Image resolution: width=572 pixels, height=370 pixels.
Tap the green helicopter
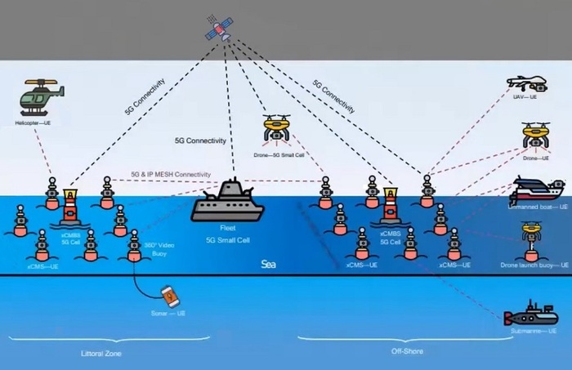pyautogui.click(x=38, y=97)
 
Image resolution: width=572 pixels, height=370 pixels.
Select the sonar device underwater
pyautogui.click(x=167, y=295)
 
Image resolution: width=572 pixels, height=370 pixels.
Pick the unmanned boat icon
pyautogui.click(x=536, y=192)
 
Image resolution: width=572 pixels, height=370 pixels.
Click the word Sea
pyautogui.click(x=268, y=265)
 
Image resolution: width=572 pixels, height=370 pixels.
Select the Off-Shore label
pyautogui.click(x=406, y=352)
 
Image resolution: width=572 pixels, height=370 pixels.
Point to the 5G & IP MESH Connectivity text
pyautogui.click(x=170, y=176)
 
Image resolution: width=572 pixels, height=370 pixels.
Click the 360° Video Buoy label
pyautogui.click(x=155, y=249)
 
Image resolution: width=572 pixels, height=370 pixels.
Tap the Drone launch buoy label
pyautogui.click(x=532, y=265)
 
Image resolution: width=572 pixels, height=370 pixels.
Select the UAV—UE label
pyautogui.click(x=525, y=97)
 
